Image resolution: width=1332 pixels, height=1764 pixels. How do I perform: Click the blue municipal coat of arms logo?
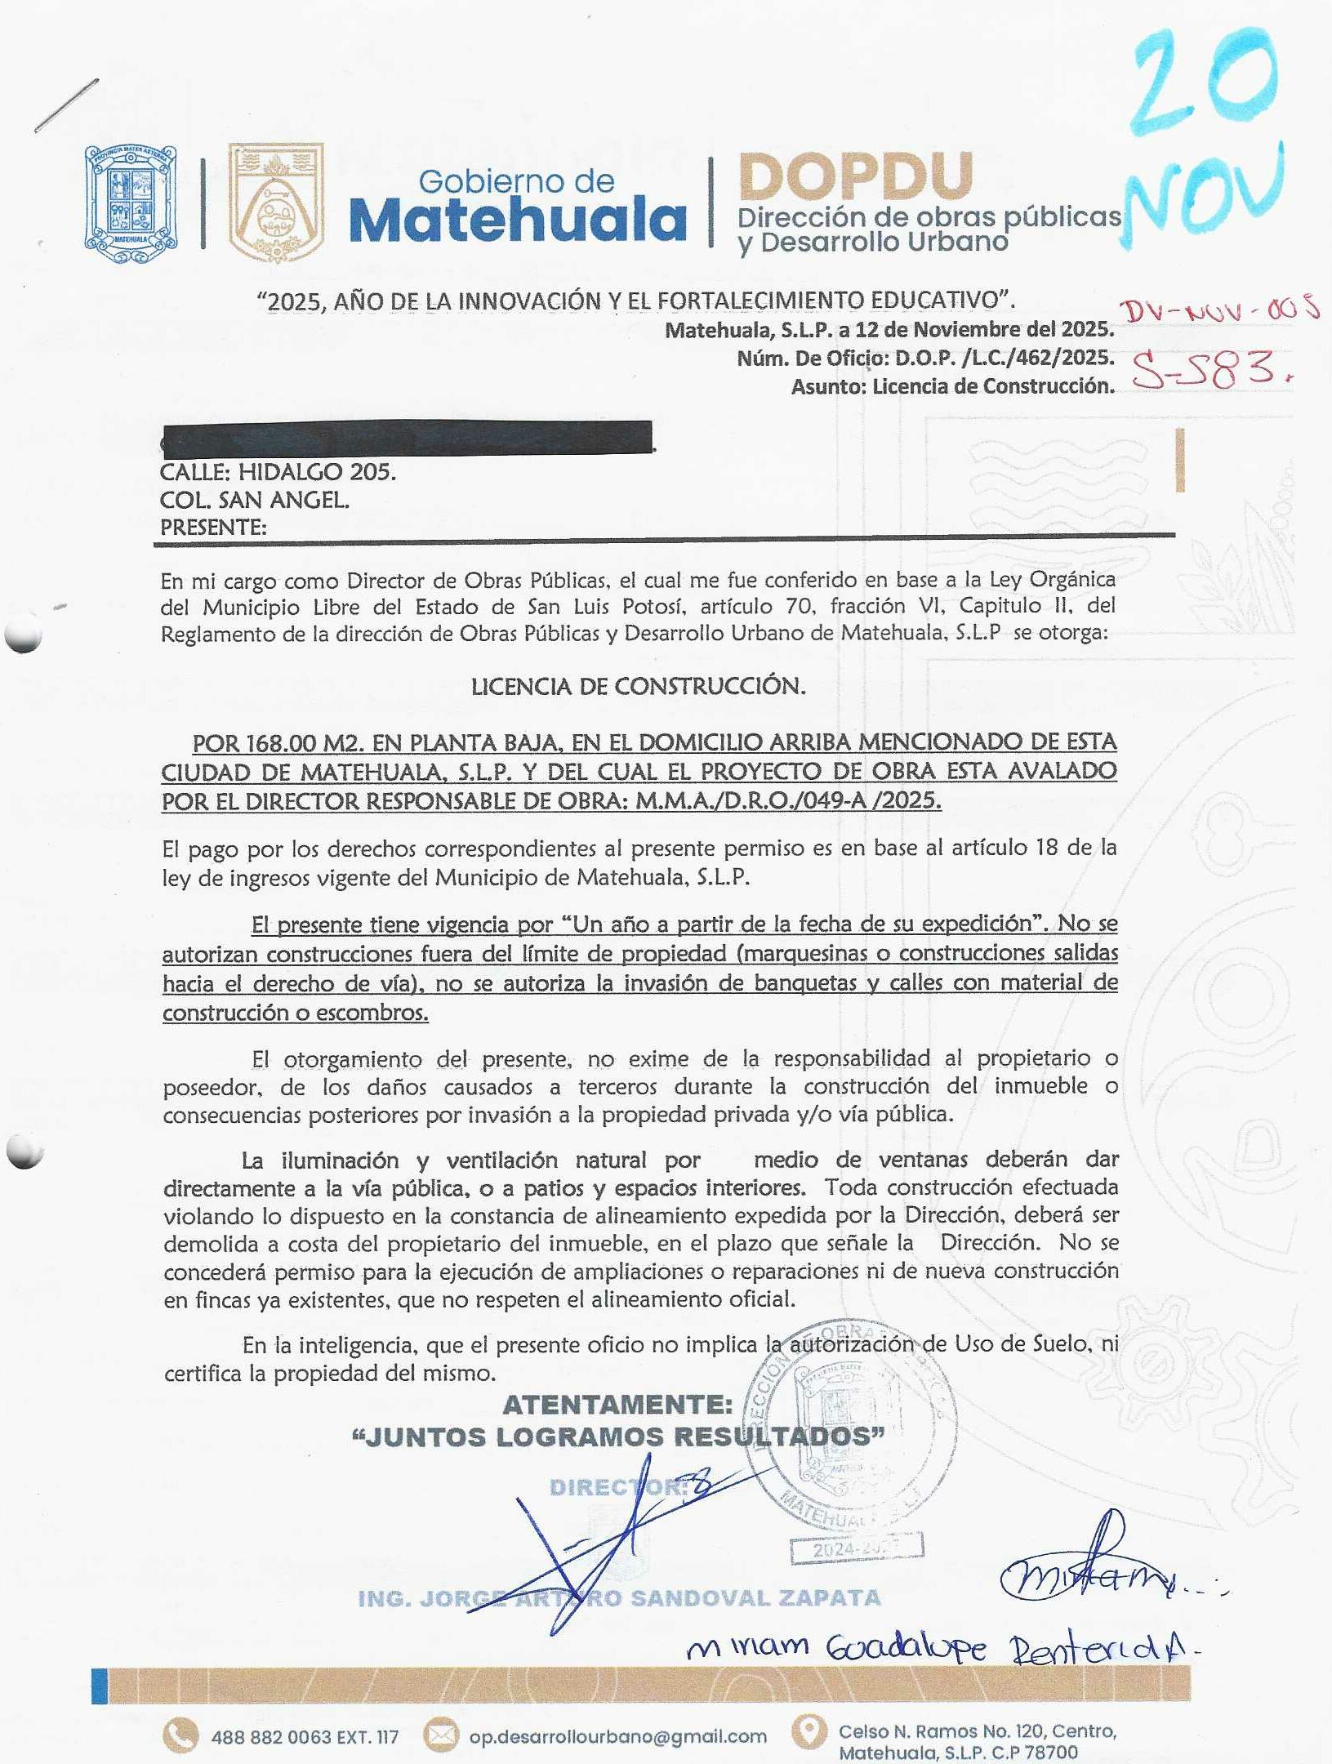pyautogui.click(x=131, y=203)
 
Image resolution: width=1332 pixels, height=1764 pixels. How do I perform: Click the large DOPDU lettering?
pyautogui.click(x=855, y=177)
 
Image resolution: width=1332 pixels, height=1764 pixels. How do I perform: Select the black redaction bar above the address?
pyautogui.click(x=407, y=437)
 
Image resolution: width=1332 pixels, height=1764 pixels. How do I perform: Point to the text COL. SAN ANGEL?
pyautogui.click(x=255, y=500)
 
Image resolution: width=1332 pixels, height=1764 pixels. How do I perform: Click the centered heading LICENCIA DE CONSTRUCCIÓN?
pyautogui.click(x=638, y=686)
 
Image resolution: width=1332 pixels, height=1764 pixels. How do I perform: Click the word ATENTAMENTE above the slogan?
pyautogui.click(x=617, y=1404)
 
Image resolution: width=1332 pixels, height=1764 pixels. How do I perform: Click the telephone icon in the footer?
pyautogui.click(x=180, y=1735)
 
